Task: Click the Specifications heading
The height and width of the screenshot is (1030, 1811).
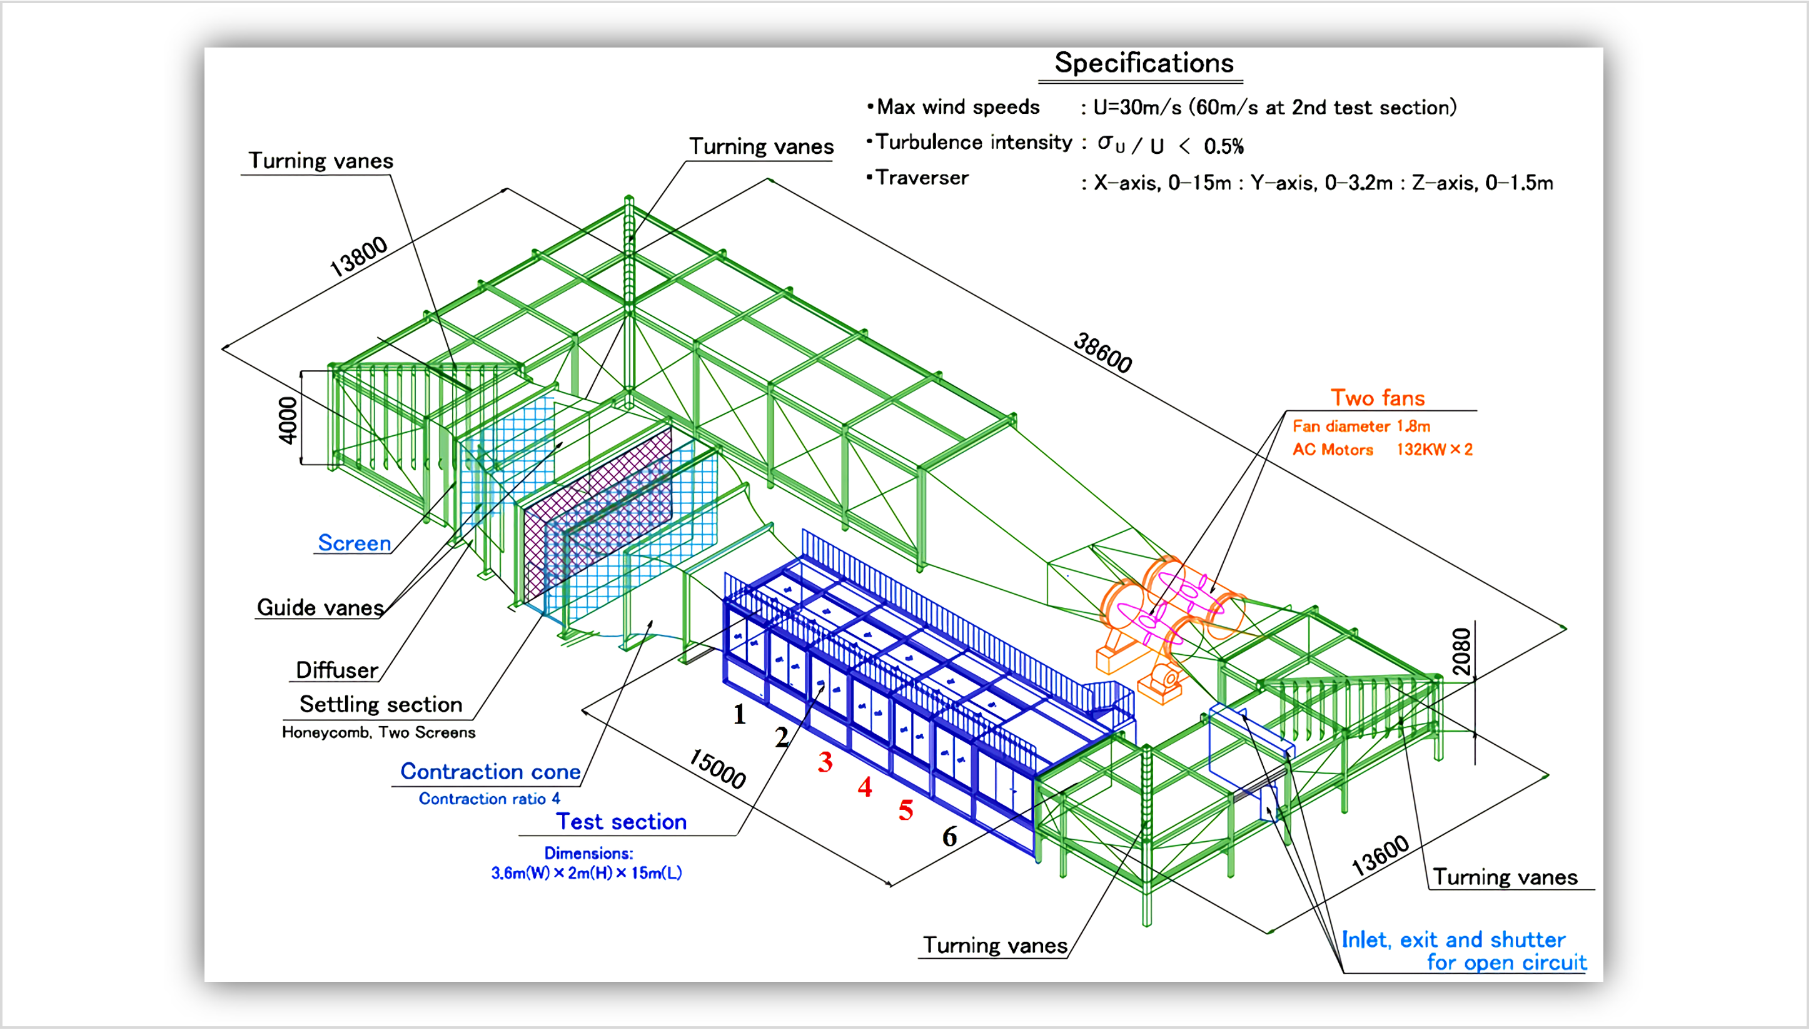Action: tap(1144, 64)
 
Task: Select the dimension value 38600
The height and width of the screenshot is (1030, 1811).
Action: tap(1102, 352)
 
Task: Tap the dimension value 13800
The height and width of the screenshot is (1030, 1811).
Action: tap(359, 256)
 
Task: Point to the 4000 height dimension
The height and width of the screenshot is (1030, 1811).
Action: tap(288, 420)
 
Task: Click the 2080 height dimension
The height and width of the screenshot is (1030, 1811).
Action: tap(1460, 652)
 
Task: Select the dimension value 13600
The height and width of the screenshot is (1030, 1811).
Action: tap(1380, 856)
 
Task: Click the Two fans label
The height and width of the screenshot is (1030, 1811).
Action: tap(1377, 398)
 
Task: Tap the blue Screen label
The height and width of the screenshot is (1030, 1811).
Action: tap(355, 543)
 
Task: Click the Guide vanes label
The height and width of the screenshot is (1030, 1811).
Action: tap(320, 608)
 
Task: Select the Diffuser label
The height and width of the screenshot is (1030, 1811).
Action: tap(336, 670)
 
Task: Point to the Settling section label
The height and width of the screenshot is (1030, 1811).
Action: tap(380, 705)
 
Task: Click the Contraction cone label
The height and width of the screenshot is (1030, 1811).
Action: tap(490, 772)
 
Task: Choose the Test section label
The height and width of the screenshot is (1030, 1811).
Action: tap(621, 822)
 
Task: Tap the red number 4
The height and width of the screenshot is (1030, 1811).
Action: tap(864, 787)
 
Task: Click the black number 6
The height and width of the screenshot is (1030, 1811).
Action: tap(949, 837)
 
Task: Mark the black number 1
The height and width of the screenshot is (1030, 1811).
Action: tap(739, 714)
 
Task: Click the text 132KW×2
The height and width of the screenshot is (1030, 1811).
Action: tap(1434, 450)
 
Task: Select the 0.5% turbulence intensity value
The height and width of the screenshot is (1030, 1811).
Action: tap(1223, 146)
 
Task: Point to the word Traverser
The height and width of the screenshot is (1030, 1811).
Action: tap(922, 178)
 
